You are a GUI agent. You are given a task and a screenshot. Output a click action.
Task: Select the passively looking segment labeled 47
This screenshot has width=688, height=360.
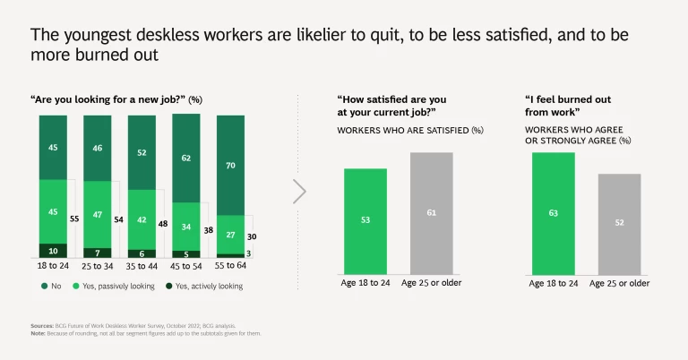coord(97,215)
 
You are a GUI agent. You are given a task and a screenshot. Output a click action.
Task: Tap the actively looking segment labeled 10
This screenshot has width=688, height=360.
coord(53,251)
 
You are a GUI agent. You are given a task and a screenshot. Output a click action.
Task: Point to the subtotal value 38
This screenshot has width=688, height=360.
coord(209,230)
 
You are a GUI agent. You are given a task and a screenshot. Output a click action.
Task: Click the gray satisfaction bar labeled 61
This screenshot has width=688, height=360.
coord(432,213)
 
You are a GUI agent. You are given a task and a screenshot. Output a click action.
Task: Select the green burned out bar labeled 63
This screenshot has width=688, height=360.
coord(553,213)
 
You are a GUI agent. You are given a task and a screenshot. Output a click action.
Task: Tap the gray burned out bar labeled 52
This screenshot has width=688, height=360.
coord(619,224)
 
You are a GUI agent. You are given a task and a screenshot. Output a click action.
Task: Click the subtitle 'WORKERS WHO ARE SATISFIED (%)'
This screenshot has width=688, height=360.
coord(409,130)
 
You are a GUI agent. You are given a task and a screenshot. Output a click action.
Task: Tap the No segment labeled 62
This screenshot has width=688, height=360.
coord(186,158)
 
